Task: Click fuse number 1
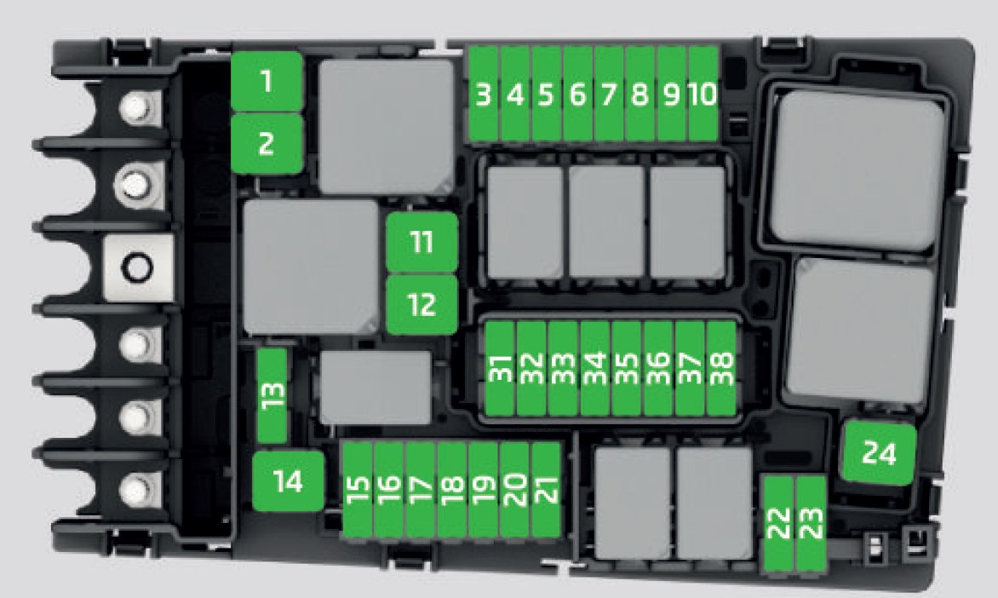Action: pyautogui.click(x=267, y=81)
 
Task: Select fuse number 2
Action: pyautogui.click(x=267, y=143)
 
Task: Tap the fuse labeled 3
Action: pyautogui.click(x=483, y=94)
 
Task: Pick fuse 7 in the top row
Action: pyautogui.click(x=609, y=94)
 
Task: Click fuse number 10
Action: pyautogui.click(x=703, y=94)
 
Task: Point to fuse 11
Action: pyautogui.click(x=422, y=242)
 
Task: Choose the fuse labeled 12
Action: pyautogui.click(x=422, y=304)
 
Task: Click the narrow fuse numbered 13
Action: pyautogui.click(x=272, y=395)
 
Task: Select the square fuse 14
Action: pyautogui.click(x=289, y=480)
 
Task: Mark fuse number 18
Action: pyautogui.click(x=451, y=489)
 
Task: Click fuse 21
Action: pyautogui.click(x=546, y=489)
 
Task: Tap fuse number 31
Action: pyautogui.click(x=500, y=368)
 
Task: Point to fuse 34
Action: pyautogui.click(x=594, y=368)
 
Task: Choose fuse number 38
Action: pyautogui.click(x=721, y=368)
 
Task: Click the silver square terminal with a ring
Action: pyautogui.click(x=137, y=267)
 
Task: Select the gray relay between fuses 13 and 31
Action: pyautogui.click(x=375, y=388)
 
